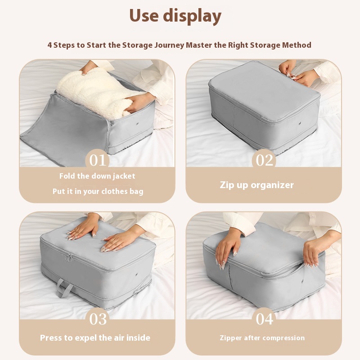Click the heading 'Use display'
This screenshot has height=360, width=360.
tap(175, 16)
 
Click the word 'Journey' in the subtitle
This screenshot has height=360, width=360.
tap(169, 45)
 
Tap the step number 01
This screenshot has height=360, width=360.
tap(98, 160)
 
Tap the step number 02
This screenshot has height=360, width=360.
tap(264, 160)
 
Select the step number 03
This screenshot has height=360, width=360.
tap(98, 319)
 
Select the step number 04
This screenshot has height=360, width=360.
tap(265, 319)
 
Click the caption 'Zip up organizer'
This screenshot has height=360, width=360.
tap(256, 185)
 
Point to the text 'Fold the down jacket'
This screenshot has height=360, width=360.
tap(97, 176)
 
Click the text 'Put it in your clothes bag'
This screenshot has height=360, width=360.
tap(98, 192)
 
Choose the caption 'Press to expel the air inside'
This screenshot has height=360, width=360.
tap(95, 338)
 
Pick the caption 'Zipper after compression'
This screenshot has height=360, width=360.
tap(262, 338)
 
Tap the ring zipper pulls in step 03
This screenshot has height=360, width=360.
tap(69, 258)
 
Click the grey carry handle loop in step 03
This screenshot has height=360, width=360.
tap(64, 288)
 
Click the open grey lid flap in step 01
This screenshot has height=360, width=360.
tap(64, 129)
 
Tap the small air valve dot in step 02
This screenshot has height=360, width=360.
tap(300, 123)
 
